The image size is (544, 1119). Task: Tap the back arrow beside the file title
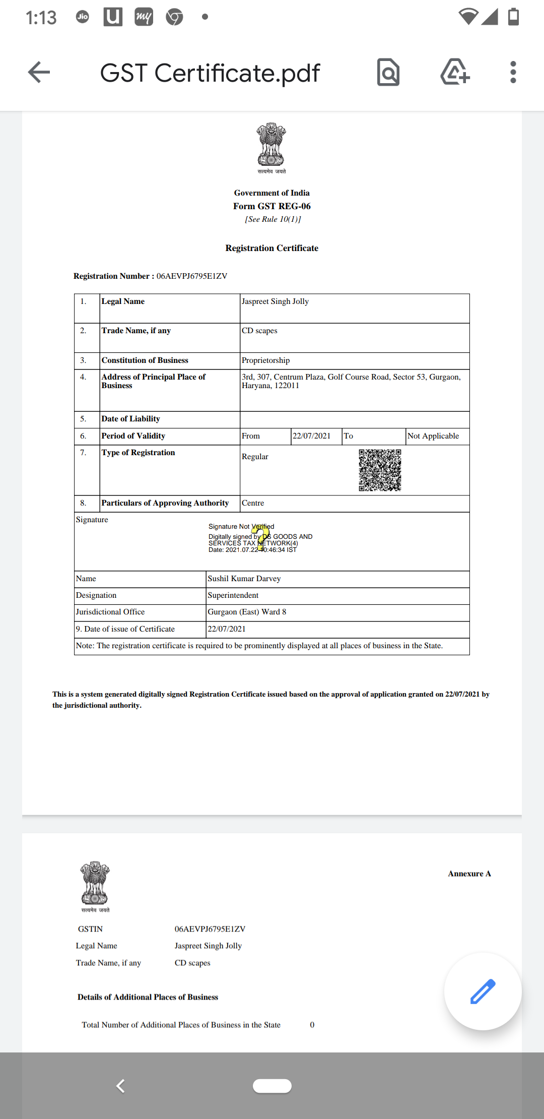39,72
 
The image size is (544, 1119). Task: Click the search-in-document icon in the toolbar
388,73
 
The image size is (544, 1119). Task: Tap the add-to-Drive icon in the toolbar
455,72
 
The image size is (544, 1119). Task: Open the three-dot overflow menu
513,72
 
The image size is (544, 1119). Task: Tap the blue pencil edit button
483,991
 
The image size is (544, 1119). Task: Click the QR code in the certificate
380,470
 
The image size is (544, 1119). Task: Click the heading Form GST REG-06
271,206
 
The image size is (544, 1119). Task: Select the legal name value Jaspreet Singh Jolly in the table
275,301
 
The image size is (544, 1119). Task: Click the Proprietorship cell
265,360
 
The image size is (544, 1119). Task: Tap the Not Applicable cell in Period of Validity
433,436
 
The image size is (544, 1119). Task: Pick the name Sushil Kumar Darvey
244,579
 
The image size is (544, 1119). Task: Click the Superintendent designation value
233,595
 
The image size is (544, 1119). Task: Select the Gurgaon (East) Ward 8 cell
247,612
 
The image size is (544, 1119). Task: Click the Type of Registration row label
138,453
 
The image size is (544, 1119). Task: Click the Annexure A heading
469,874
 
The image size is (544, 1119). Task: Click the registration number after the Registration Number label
191,276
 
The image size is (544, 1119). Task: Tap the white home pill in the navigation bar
272,1086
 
